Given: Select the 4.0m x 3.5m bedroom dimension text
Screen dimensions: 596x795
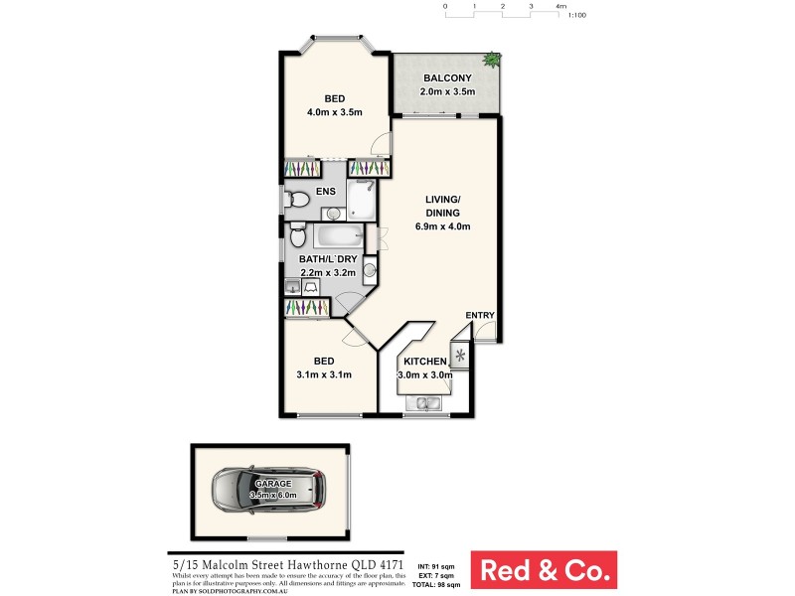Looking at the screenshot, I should click(x=334, y=112).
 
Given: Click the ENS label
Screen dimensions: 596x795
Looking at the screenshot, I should click(x=325, y=191).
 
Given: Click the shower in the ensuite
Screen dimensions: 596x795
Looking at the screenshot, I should click(x=361, y=200).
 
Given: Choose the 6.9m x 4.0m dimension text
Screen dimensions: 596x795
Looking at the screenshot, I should click(x=442, y=226).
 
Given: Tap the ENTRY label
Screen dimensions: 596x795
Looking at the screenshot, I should click(x=480, y=316).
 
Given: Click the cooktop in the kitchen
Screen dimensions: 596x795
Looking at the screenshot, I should click(x=459, y=355).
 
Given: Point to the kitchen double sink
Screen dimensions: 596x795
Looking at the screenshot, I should click(x=428, y=402).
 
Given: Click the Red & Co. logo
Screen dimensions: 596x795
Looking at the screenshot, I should click(x=543, y=570).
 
